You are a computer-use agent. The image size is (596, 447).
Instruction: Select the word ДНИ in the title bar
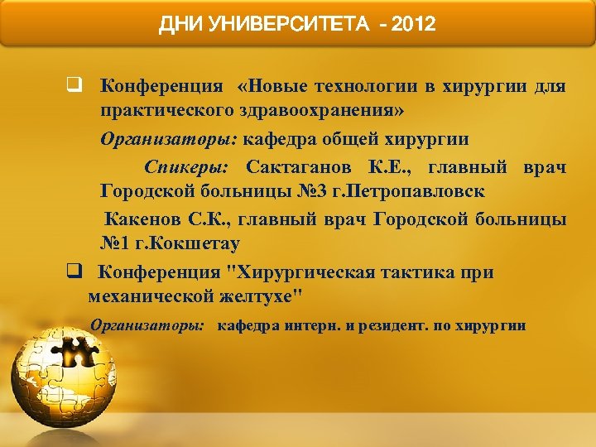178,24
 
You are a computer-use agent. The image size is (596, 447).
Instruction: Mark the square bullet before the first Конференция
74,86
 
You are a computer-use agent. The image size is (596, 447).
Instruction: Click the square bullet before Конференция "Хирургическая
74,272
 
